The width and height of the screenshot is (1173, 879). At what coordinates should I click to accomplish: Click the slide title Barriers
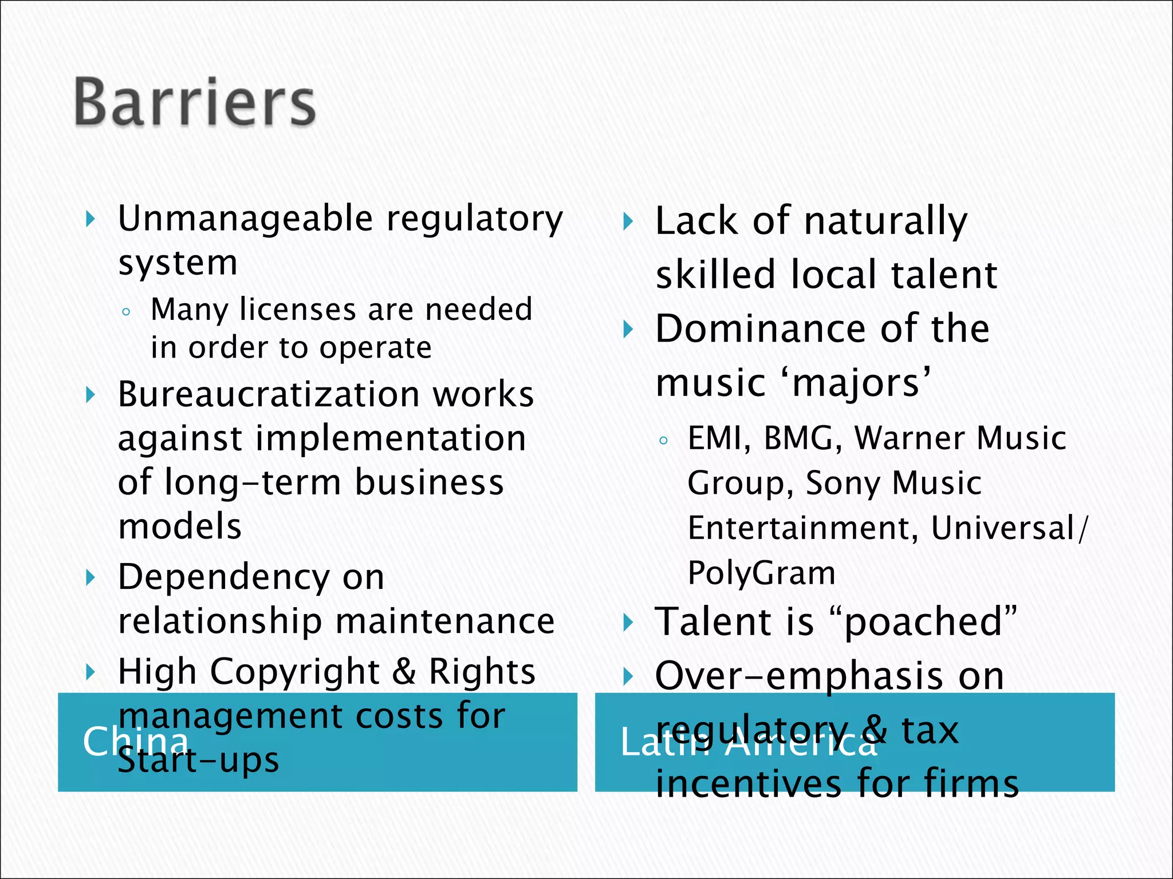[195, 102]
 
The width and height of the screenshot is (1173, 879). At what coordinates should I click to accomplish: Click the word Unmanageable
[246, 219]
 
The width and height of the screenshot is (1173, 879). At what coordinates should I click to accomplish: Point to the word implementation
[391, 439]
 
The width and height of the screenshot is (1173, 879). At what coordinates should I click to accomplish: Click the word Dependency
[223, 577]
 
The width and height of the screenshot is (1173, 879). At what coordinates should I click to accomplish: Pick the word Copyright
[295, 671]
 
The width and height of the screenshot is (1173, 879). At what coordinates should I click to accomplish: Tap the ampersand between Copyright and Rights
[404, 671]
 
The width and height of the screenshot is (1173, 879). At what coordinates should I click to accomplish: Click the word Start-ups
[199, 761]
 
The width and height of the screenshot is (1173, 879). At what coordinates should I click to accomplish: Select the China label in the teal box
[135, 741]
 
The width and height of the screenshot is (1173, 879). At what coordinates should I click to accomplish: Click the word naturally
[885, 222]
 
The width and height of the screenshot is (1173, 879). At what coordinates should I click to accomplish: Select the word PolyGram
[761, 573]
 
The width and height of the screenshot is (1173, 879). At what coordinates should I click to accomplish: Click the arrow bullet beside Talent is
[628, 623]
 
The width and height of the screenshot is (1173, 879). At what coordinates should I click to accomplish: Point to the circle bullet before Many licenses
[126, 312]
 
